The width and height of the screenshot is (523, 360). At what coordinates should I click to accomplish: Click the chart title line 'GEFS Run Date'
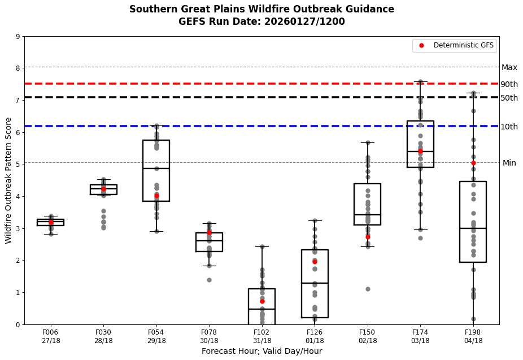click(261, 22)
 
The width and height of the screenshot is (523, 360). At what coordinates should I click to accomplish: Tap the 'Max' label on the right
click(509, 68)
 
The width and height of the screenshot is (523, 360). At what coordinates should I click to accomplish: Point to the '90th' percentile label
click(509, 85)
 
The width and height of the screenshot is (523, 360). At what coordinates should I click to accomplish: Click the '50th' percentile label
click(509, 98)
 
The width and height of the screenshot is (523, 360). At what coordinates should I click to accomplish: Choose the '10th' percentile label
click(509, 127)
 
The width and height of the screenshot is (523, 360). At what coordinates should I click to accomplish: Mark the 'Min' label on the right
click(509, 163)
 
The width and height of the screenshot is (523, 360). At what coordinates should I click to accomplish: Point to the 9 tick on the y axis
click(18, 37)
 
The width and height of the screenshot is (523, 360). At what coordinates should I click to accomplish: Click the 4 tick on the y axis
click(18, 197)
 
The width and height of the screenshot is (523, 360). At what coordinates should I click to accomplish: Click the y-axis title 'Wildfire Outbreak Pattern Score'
click(9, 180)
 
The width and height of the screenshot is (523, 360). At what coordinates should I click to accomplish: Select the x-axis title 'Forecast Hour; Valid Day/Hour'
click(261, 352)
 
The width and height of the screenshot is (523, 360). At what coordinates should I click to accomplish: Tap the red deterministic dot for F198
click(473, 163)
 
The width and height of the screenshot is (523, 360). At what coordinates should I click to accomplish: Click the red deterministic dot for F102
click(262, 301)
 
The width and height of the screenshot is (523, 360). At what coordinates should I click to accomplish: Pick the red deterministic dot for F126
click(315, 262)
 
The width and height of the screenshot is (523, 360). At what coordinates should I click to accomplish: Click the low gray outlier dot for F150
click(368, 289)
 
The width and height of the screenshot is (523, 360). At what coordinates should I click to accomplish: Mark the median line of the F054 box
click(156, 168)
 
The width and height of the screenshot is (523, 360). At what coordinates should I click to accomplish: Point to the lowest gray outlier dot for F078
click(209, 280)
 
